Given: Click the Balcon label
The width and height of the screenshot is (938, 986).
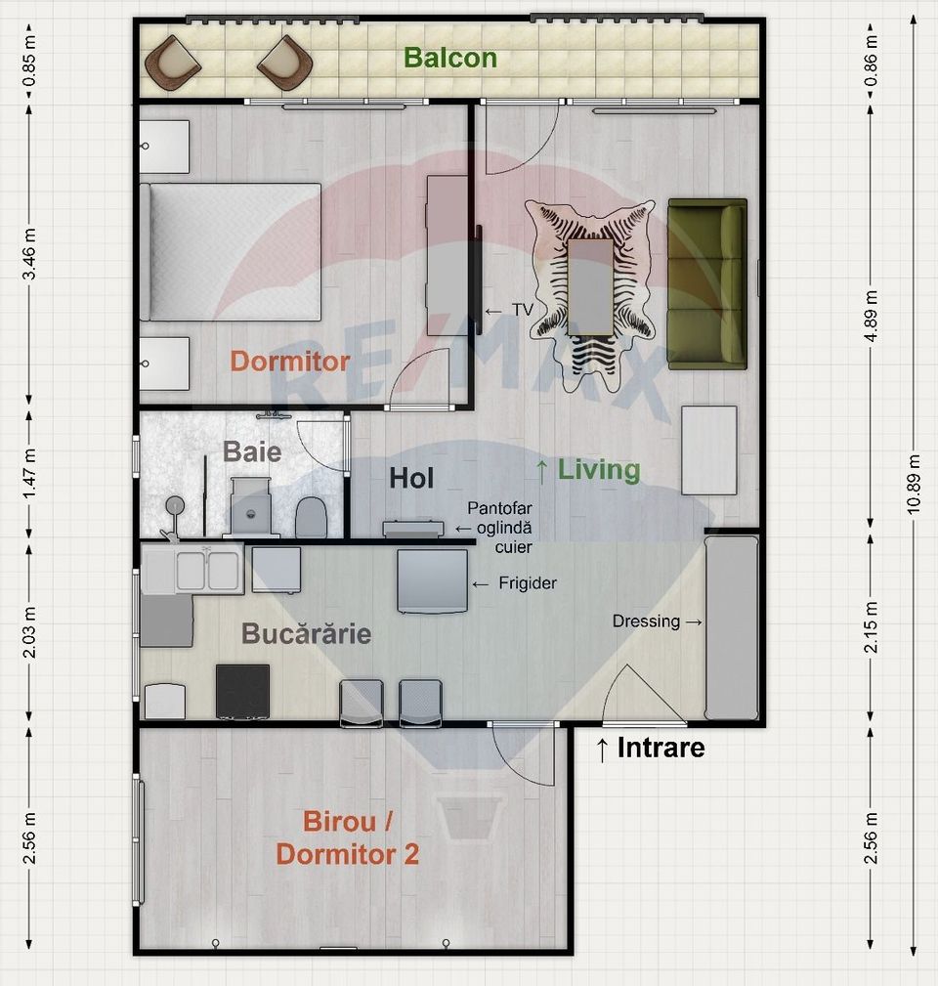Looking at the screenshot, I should tap(450, 58).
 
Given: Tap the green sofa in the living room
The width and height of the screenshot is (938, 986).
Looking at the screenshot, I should tap(707, 283).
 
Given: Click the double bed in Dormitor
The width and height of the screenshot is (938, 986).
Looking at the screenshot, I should tap(232, 252).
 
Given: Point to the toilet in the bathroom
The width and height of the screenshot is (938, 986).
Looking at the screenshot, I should tap(310, 516).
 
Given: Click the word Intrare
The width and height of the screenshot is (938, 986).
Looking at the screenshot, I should tap(650, 749).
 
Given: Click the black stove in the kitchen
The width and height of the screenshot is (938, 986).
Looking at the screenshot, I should tap(242, 691).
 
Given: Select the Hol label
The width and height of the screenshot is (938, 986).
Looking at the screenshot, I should tap(411, 479).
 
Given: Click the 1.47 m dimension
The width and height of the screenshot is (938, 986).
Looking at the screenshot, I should tap(29, 467).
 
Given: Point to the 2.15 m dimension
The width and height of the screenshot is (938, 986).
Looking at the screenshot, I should tap(872, 628).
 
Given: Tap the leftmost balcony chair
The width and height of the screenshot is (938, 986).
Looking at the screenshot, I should tap(173, 61).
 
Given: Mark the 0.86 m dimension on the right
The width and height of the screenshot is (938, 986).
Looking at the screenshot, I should tap(872, 58).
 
